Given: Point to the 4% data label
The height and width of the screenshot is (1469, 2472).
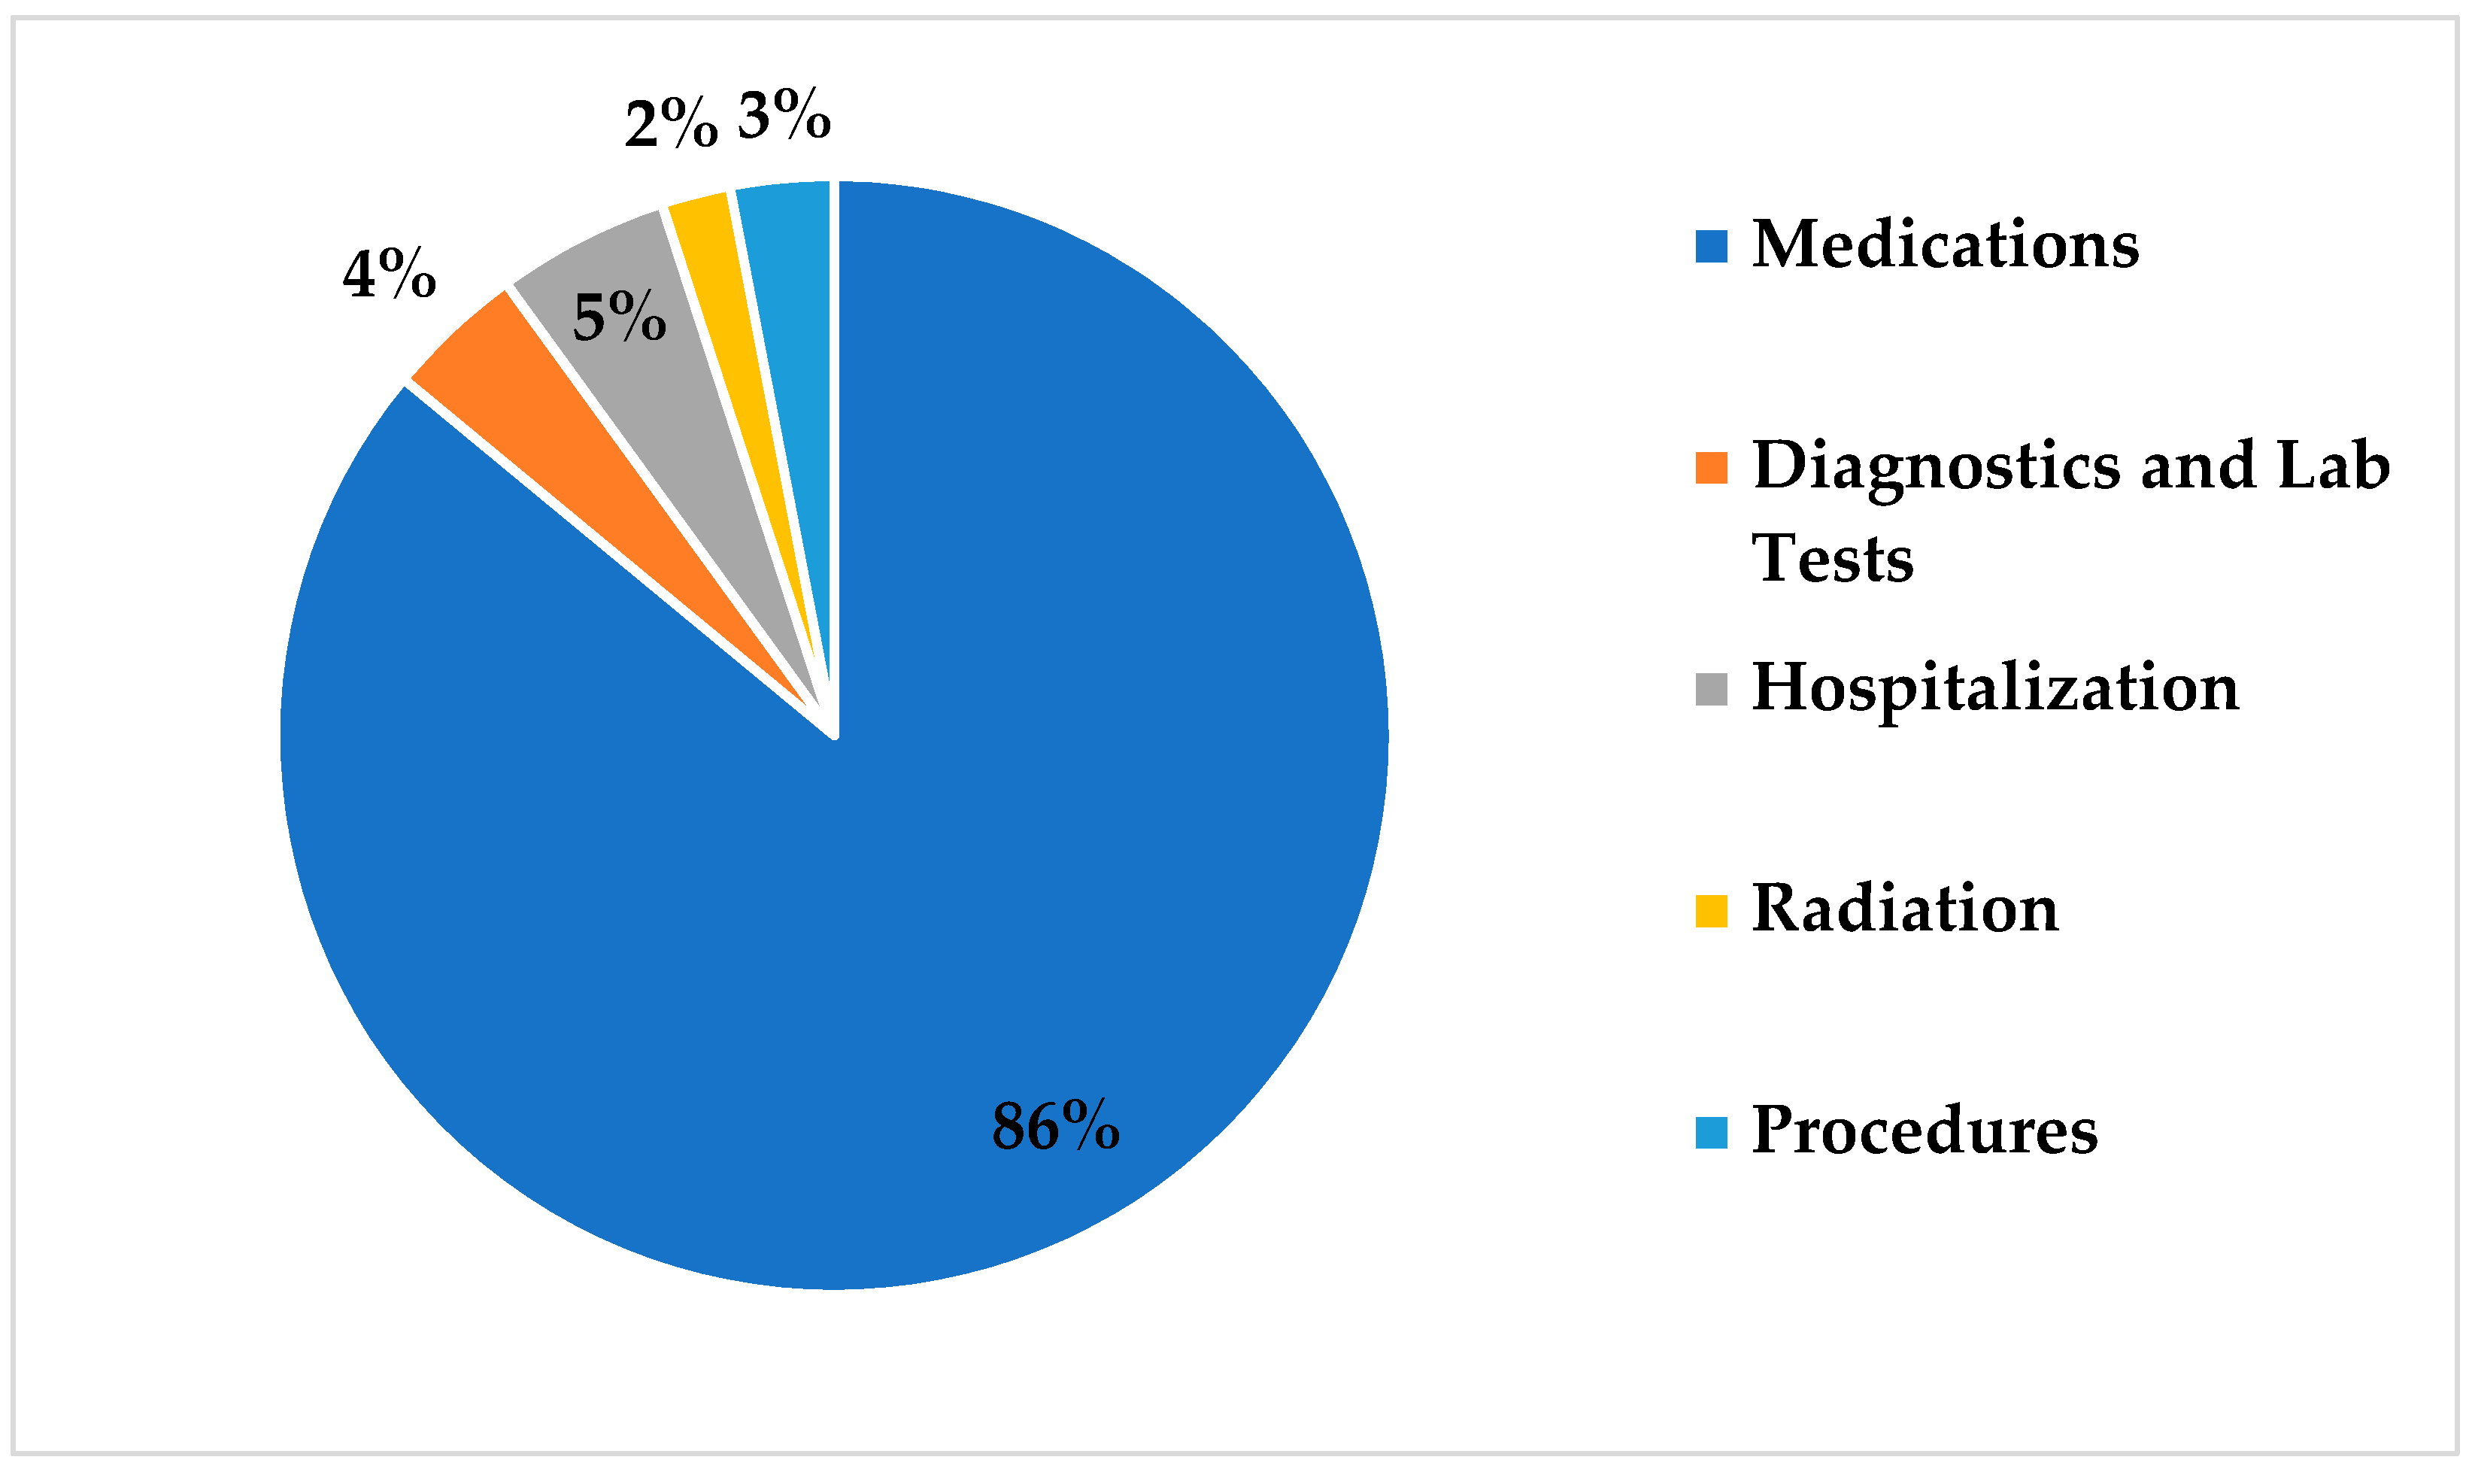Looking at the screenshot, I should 389,275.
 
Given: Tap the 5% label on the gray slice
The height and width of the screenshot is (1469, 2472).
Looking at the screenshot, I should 620,317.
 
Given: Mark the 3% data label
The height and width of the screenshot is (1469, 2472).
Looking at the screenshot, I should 784,116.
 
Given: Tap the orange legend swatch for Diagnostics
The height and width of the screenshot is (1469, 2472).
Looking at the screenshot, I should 1711,468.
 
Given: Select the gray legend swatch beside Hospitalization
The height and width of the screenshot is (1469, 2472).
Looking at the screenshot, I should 1711,690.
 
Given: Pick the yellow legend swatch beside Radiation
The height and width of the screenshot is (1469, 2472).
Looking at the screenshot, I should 1711,912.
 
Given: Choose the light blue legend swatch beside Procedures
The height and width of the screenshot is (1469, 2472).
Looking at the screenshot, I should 1711,1134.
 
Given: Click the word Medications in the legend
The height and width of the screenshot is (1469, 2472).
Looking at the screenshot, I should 1945,244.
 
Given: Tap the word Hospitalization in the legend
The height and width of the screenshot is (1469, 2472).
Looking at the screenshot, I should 1995,690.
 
